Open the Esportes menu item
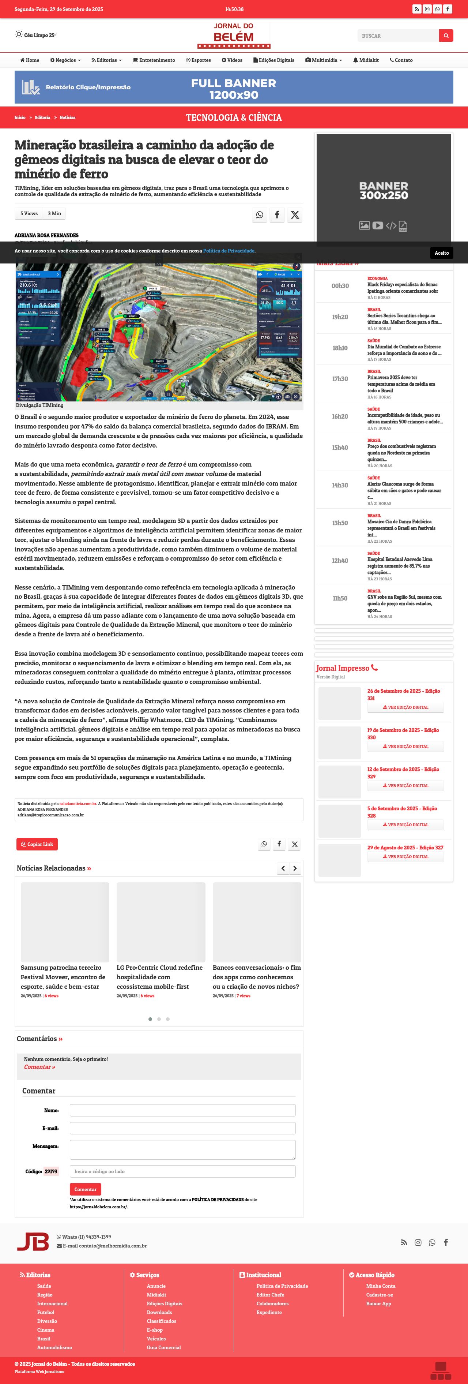point(198,60)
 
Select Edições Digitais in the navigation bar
point(274,60)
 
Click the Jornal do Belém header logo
point(234,35)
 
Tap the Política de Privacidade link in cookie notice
point(229,251)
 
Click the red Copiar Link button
point(37,844)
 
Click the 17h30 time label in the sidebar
point(340,379)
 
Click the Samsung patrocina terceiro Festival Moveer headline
point(63,977)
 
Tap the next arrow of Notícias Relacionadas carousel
point(295,868)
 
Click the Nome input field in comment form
point(182,1110)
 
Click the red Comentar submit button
point(85,1189)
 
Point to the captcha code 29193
point(51,1171)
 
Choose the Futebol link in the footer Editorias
point(46,1312)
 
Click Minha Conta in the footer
point(381,1286)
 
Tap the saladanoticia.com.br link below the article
point(78,804)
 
